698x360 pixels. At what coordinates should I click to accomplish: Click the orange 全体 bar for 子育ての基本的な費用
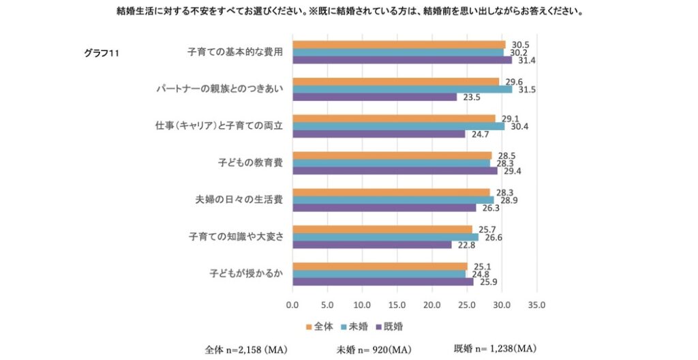pos(399,44)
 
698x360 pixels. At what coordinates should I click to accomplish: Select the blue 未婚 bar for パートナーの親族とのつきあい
pos(402,89)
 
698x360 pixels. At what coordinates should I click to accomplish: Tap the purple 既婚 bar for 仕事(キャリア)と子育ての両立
pos(378,134)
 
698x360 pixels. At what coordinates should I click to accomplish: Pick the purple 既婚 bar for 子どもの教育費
pos(395,170)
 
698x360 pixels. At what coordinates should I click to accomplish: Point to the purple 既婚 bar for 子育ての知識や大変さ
pos(371,244)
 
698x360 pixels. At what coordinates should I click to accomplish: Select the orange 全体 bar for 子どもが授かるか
pos(380,266)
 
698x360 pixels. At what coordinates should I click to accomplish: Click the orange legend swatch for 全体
pos(308,327)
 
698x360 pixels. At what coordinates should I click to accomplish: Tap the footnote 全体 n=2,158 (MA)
pos(246,350)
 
